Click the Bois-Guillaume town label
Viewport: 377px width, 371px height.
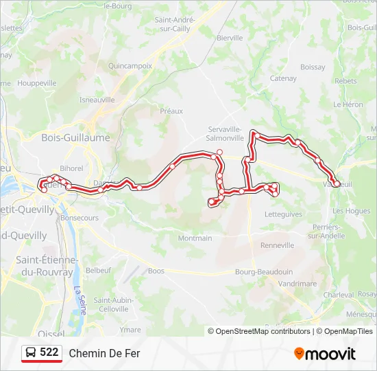(66, 137)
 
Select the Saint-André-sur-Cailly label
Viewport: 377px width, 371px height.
(175, 25)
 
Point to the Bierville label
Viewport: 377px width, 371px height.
(230, 38)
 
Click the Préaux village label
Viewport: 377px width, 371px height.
(171, 111)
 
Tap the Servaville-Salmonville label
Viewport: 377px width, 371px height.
(226, 133)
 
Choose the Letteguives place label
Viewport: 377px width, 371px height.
(282, 214)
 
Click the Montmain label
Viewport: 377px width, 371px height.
(195, 238)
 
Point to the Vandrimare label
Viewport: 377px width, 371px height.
(298, 283)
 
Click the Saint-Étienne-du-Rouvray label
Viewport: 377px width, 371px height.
(45, 266)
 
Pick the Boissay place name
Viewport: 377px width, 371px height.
(313, 67)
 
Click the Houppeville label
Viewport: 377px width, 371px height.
(37, 83)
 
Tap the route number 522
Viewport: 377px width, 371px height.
(49, 352)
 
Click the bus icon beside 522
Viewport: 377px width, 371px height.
(31, 353)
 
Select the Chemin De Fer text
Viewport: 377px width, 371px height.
(104, 353)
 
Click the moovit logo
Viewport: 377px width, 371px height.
(325, 354)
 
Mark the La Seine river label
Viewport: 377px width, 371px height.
(80, 300)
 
